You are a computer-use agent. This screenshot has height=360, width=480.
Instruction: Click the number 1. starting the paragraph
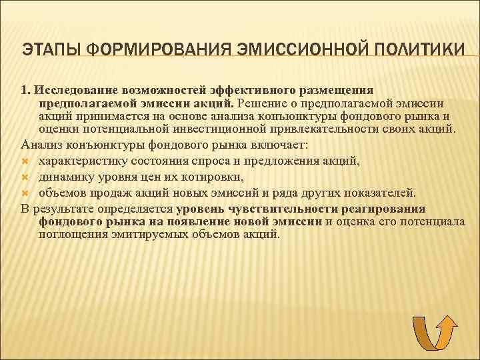click(x=25, y=89)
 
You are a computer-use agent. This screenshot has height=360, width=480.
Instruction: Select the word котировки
click(x=214, y=177)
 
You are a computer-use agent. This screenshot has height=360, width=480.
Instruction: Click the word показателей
click(x=378, y=193)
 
